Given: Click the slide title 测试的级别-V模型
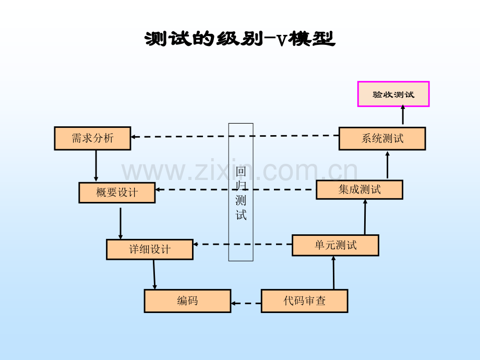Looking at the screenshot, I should tap(239, 39).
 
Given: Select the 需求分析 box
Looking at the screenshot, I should tap(92, 138).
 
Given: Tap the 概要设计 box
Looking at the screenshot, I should tap(117, 193).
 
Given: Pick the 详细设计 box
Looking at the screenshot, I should tap(149, 249).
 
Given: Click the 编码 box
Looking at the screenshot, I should tap(187, 301).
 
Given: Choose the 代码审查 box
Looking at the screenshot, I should tap(304, 301).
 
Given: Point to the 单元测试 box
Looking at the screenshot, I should tap(335, 245).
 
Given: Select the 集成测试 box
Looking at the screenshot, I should tap(359, 189).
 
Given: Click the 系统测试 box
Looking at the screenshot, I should tap(382, 138).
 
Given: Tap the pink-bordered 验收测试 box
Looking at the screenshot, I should tap(393, 94).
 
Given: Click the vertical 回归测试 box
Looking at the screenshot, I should tap(241, 192).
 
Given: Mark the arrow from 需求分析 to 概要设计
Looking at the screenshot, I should tap(96, 166).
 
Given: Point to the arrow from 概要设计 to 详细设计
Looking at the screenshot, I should tap(121, 223).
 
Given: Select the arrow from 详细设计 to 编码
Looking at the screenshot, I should tap(154, 274).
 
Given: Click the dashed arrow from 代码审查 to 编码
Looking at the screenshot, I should tap(246, 303).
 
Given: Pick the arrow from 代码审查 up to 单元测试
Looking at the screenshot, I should tap(333, 273).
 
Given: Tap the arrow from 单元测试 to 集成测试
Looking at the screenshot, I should tap(365, 217).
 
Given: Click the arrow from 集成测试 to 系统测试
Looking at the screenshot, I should tap(387, 164).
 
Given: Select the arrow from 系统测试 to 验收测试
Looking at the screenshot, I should tap(403, 116).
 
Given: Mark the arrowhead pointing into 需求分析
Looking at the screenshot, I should tap(134, 137).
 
